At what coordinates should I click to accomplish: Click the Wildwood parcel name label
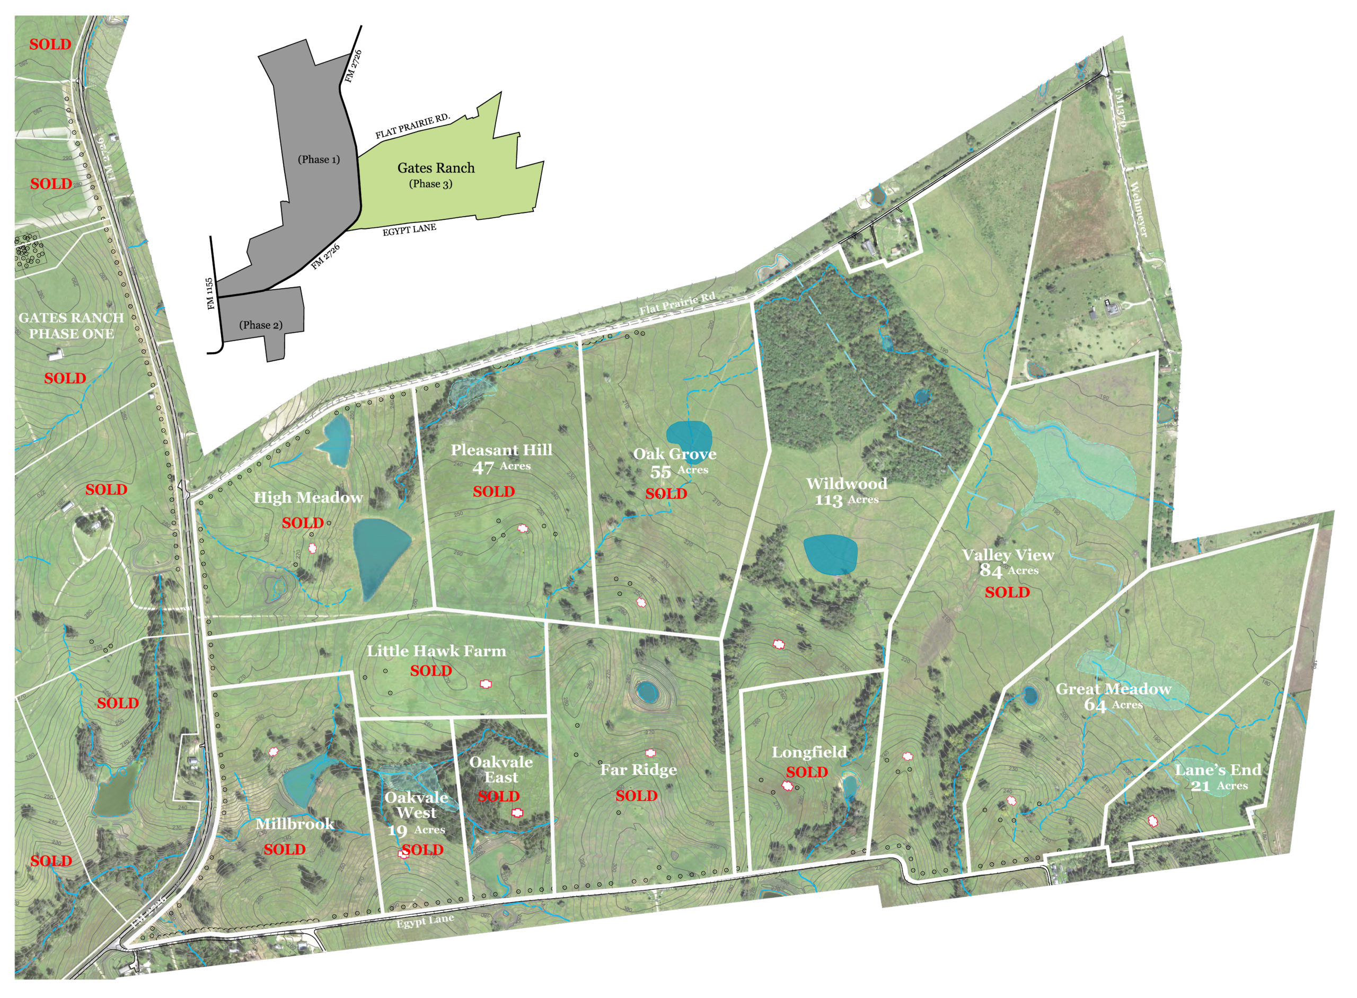pyautogui.click(x=846, y=483)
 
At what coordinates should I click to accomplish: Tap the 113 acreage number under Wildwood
pyautogui.click(x=828, y=501)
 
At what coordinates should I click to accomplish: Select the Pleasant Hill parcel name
pyautogui.click(x=501, y=450)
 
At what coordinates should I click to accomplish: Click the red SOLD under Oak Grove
pyautogui.click(x=665, y=494)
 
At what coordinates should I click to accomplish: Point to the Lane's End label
pyautogui.click(x=1218, y=770)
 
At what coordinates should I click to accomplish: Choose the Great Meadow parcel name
pyautogui.click(x=1113, y=689)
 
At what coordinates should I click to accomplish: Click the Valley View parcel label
pyautogui.click(x=1008, y=555)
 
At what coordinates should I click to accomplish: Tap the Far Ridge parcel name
pyautogui.click(x=638, y=770)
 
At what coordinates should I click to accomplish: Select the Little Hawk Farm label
pyautogui.click(x=436, y=651)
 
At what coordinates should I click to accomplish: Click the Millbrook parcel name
pyautogui.click(x=295, y=823)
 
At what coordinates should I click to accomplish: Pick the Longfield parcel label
pyautogui.click(x=809, y=752)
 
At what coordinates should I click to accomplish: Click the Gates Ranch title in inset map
pyautogui.click(x=436, y=168)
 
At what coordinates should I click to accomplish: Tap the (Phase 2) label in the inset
pyautogui.click(x=260, y=325)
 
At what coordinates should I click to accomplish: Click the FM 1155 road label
pyautogui.click(x=210, y=293)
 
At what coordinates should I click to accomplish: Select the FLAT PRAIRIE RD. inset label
pyautogui.click(x=413, y=126)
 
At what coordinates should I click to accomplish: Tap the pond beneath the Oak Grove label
pyautogui.click(x=689, y=437)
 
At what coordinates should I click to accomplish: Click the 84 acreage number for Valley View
pyautogui.click(x=991, y=571)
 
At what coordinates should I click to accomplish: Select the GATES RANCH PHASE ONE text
pyautogui.click(x=72, y=326)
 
